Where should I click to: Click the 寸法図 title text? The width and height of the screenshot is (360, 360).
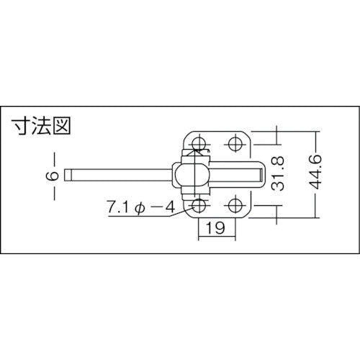pyautogui.click(x=42, y=130)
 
